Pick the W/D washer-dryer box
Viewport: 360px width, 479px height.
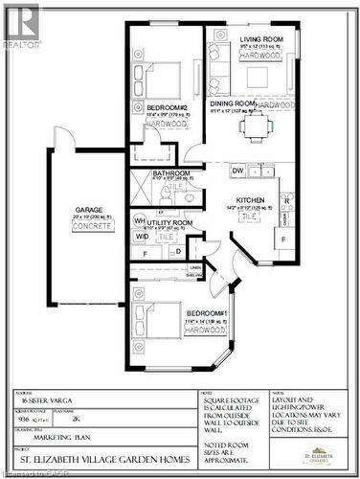pos(141,236)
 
